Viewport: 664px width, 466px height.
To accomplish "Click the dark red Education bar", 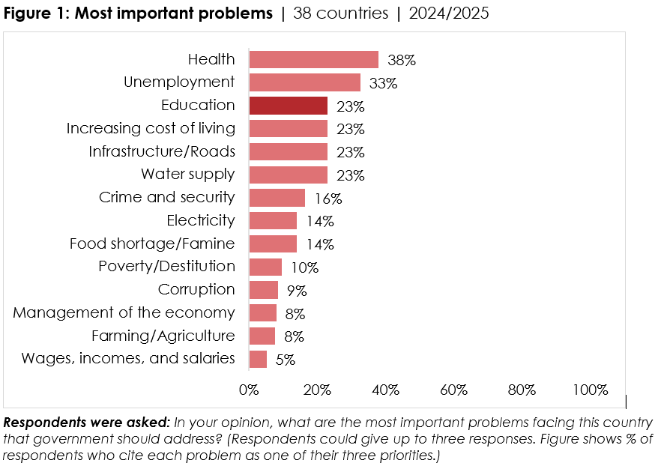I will (288, 106).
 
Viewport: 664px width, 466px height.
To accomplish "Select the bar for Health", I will (313, 60).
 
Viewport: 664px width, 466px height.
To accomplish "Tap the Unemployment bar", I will (304, 82).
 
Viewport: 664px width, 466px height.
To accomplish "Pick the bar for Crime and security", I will (277, 198).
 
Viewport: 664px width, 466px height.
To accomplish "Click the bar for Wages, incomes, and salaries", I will (258, 359).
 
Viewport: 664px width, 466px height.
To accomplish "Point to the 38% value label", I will (402, 61).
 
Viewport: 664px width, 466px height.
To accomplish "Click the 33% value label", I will (383, 83).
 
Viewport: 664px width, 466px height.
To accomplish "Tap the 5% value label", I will (286, 360).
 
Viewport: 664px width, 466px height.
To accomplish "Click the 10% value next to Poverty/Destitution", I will (305, 267).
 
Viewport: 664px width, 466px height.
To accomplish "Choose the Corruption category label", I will (196, 290).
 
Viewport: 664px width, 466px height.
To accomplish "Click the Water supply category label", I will (188, 175).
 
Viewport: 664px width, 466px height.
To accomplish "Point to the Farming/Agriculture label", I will (163, 336).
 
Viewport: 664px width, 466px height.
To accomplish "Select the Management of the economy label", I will (124, 312).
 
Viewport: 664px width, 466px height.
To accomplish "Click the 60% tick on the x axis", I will (453, 390).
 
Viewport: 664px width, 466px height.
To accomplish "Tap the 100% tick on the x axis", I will (590, 390).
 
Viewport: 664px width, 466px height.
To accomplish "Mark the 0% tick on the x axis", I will (248, 390).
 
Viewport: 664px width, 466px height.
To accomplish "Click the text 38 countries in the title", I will (341, 14).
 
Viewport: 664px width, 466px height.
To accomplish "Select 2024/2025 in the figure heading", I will (449, 14).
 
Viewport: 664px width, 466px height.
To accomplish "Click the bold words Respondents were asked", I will (88, 421).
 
